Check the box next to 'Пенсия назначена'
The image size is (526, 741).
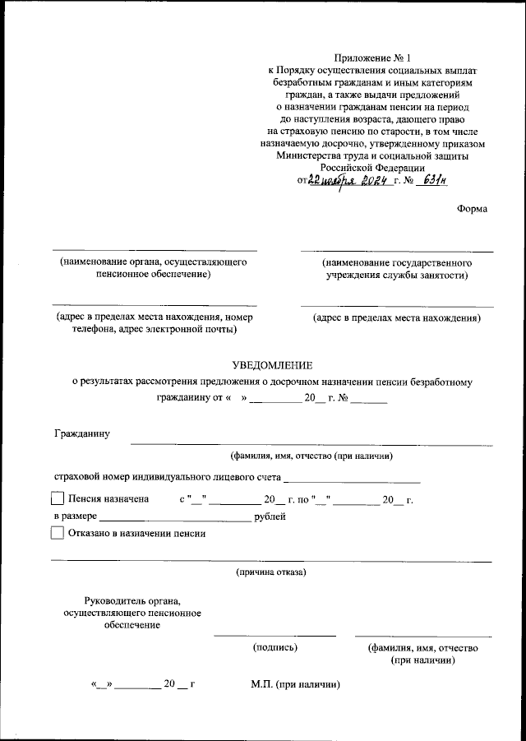(x=57, y=498)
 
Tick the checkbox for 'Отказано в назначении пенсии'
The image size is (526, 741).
(x=57, y=532)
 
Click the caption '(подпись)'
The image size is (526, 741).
(x=275, y=647)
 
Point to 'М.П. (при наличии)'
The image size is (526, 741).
(x=295, y=684)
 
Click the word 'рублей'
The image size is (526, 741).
(x=270, y=516)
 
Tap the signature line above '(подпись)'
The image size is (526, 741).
(x=275, y=635)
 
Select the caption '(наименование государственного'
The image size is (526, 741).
(x=396, y=262)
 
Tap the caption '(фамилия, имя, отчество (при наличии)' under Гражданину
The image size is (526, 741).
(x=311, y=455)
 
